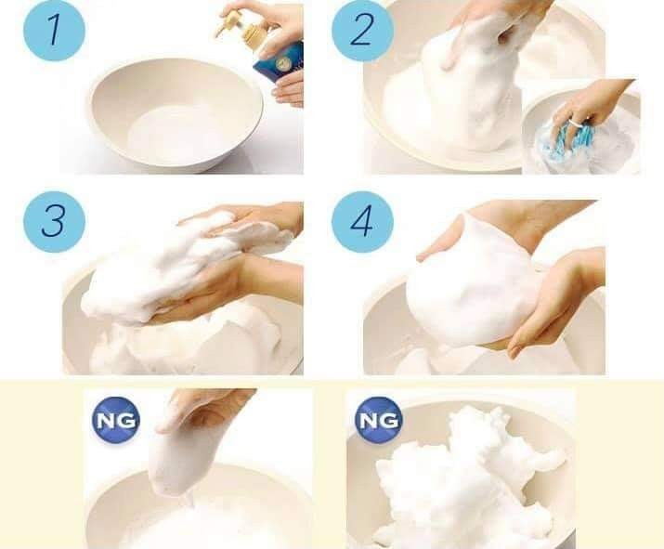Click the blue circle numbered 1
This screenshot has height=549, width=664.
pos(54,31)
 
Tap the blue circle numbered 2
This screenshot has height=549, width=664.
pos(362,32)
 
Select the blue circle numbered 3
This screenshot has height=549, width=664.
pos(54,221)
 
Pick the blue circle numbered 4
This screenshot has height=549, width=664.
pos(362,221)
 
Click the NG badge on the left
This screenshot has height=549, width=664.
pos(116,420)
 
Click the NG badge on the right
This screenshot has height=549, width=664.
pos(379,420)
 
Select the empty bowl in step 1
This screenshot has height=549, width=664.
pos(175,113)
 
